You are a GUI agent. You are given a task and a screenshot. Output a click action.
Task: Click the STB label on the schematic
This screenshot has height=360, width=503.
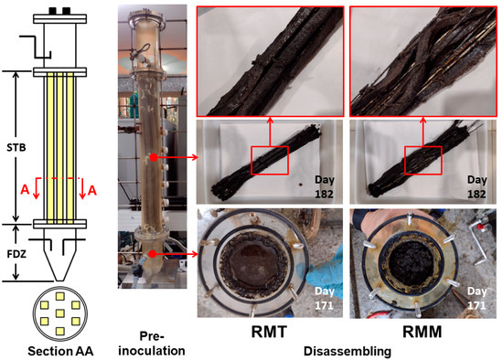pos(16,148)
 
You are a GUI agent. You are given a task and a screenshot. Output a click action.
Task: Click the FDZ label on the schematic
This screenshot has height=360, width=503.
pos(16,255)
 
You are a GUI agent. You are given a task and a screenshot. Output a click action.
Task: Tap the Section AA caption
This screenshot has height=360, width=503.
pos(60,351)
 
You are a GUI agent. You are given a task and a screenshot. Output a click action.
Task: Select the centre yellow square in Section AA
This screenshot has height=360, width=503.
pos(60,312)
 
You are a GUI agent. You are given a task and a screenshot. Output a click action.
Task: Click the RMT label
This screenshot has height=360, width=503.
pos(269,332)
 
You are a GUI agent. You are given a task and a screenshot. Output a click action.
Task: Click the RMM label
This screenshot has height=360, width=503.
pos(423,332)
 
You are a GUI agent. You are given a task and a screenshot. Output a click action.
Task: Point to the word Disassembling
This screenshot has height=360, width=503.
pos(348,352)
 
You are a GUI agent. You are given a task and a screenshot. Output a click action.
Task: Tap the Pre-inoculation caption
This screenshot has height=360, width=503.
pos(152,344)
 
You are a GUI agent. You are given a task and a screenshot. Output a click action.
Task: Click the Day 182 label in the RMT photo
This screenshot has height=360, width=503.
pos(325,186)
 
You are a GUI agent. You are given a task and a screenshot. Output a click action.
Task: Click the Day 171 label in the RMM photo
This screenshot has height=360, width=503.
pos(476,298)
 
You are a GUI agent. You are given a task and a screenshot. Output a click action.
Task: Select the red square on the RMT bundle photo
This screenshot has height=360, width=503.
pos(270,160)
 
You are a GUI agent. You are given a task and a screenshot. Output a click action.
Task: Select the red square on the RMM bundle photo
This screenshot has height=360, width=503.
pos(423,160)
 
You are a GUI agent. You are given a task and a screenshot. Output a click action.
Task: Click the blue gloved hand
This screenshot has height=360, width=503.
pos(325,273)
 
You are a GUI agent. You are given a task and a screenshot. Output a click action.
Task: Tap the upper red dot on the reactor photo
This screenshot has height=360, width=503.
pos(154,157)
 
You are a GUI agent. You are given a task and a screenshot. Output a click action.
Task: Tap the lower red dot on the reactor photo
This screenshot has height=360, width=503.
pos(153,254)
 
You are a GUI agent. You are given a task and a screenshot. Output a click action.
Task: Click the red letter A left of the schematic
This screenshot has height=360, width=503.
pos(25,190)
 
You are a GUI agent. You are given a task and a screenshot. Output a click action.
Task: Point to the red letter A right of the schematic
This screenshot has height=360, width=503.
pos(91,190)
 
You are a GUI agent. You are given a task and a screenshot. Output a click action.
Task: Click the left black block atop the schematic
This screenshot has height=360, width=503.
pos(53,11)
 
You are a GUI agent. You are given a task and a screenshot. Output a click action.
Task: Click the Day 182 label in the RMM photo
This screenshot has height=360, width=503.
pos(476,186)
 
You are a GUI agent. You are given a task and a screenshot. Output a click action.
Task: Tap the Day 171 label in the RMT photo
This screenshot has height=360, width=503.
pos(325,298)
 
